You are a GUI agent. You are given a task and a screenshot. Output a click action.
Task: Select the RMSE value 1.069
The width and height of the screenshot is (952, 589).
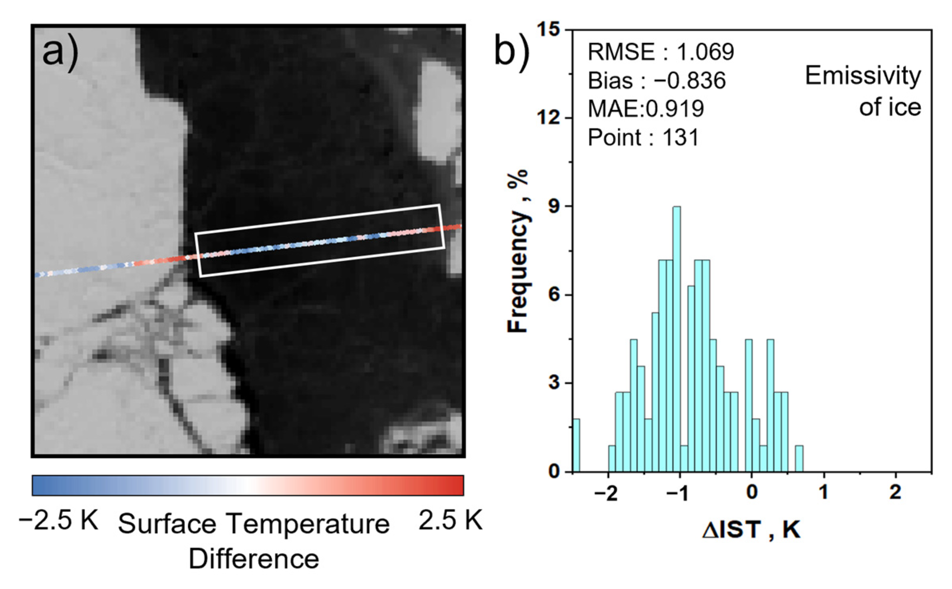pyautogui.click(x=705, y=52)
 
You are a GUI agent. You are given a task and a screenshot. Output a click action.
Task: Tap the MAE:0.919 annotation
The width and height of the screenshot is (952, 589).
pyautogui.click(x=646, y=109)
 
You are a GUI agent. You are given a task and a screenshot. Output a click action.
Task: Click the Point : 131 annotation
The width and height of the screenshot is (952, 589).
pyautogui.click(x=643, y=138)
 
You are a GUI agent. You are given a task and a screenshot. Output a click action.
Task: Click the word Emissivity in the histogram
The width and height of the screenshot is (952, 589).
pyautogui.click(x=863, y=75)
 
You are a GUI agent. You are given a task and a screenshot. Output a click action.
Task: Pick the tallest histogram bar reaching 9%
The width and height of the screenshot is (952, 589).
pyautogui.click(x=677, y=339)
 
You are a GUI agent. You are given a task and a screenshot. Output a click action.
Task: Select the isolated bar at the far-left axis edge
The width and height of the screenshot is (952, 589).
pyautogui.click(x=576, y=445)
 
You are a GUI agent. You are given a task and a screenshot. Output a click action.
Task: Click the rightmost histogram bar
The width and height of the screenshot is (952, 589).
pyautogui.click(x=799, y=459)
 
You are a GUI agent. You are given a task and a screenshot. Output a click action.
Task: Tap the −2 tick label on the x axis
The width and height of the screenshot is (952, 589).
pyautogui.click(x=606, y=494)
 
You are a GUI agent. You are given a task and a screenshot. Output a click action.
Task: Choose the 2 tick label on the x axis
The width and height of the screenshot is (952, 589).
pyautogui.click(x=895, y=493)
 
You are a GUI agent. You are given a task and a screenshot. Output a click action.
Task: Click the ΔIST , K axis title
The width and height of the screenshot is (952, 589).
pyautogui.click(x=751, y=530)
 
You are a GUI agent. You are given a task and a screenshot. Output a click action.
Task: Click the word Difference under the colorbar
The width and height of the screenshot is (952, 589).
pyautogui.click(x=254, y=559)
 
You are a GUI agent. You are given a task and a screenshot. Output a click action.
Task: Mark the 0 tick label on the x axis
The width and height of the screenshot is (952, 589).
pyautogui.click(x=751, y=493)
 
